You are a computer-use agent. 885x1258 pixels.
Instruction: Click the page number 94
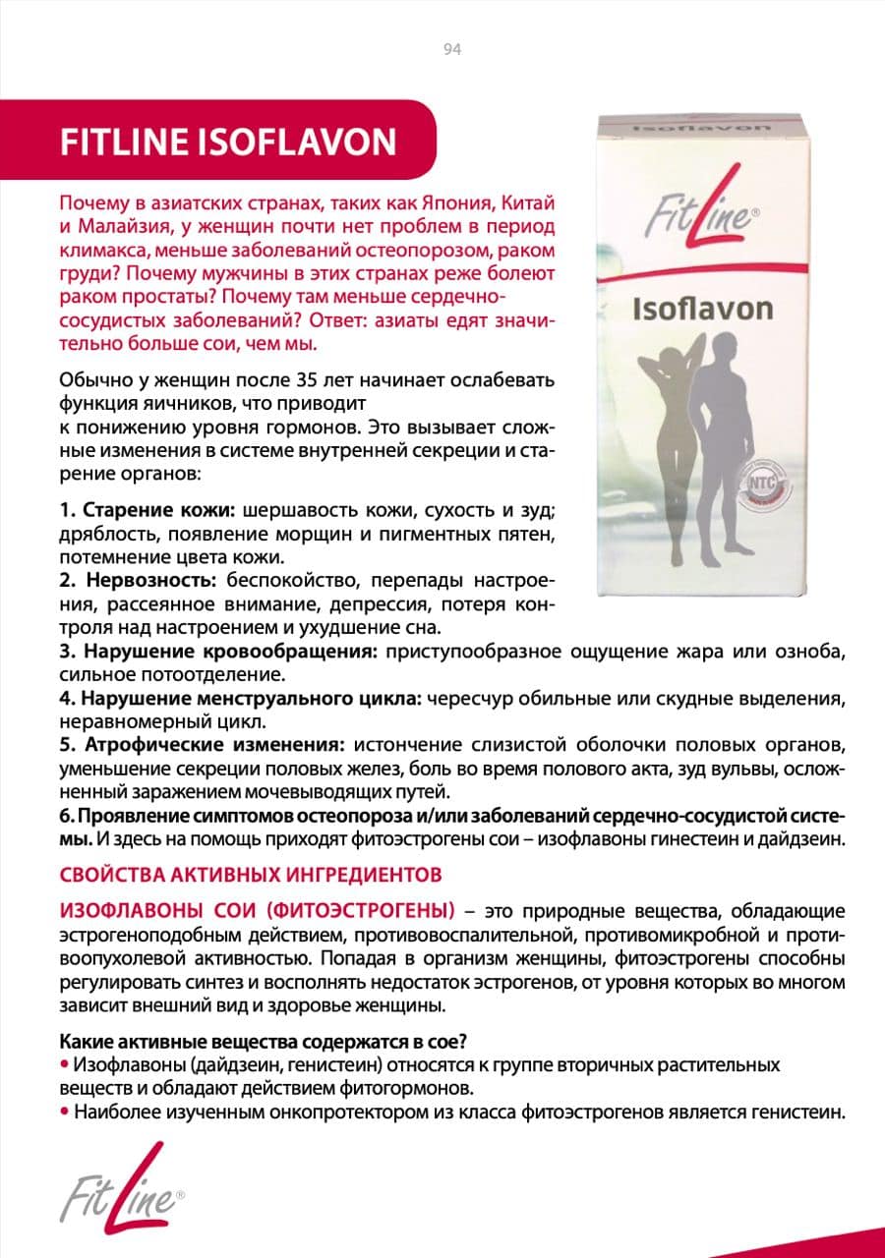(x=452, y=50)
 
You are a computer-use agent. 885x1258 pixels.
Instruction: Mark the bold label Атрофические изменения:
(x=203, y=744)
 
